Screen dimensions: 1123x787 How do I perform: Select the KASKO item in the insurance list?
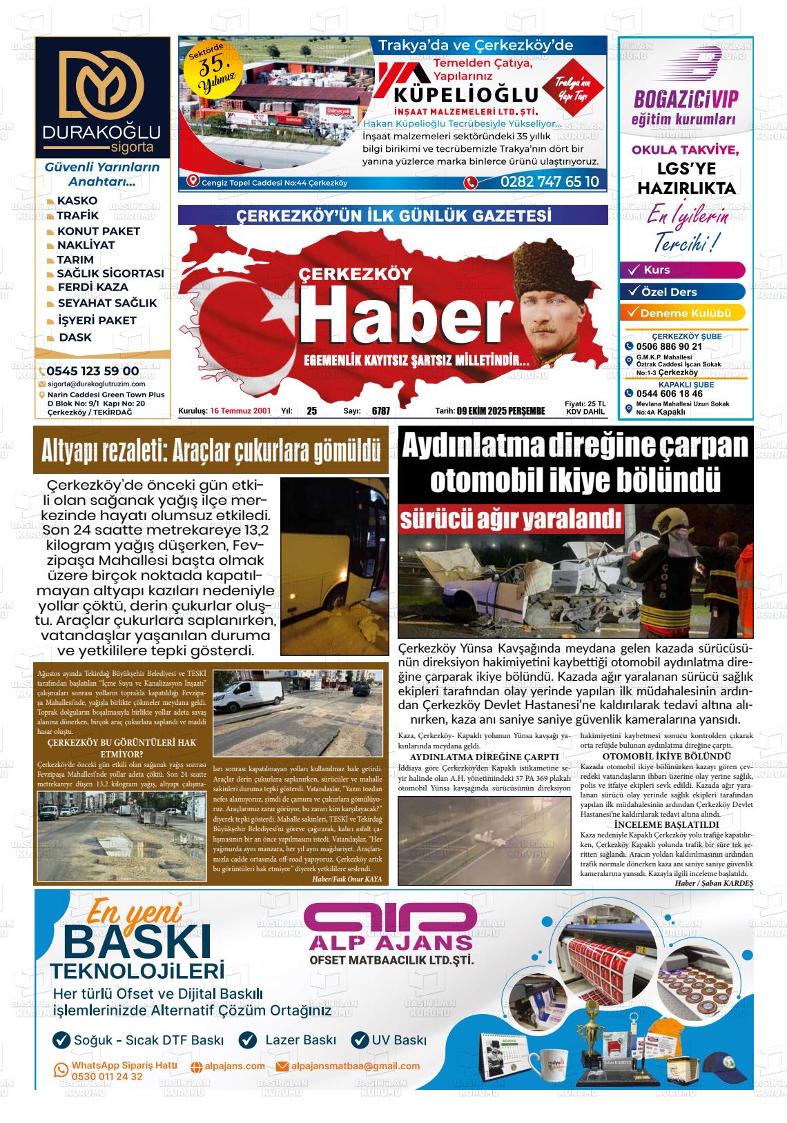(77, 201)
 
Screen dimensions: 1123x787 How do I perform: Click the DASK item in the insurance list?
(75, 337)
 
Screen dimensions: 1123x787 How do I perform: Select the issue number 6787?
(380, 411)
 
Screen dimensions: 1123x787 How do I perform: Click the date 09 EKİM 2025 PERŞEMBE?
(501, 411)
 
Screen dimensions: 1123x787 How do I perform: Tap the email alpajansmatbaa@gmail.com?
(355, 1066)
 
